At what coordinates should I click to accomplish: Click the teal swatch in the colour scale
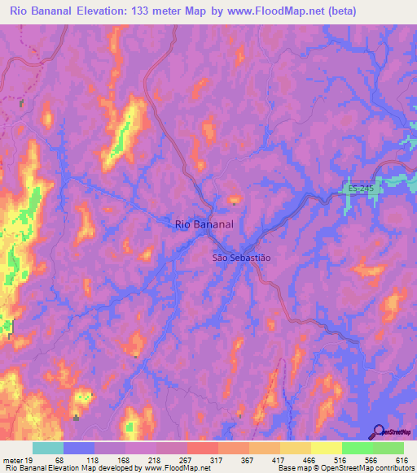coord(48,448)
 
